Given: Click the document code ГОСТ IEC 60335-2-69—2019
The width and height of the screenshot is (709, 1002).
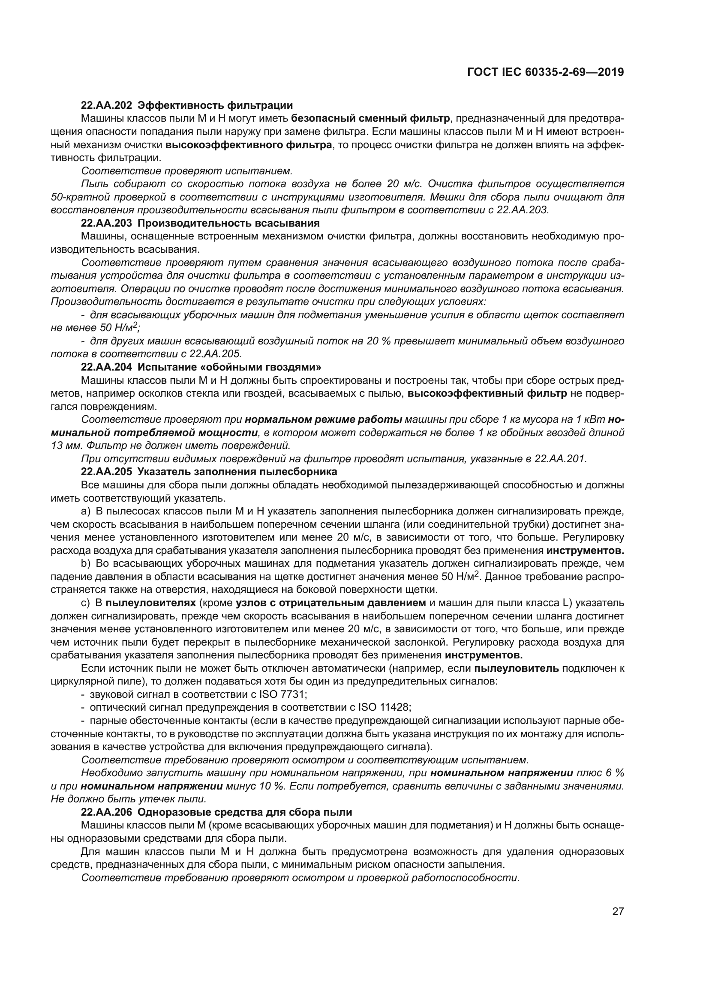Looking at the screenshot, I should pyautogui.click(x=545, y=72).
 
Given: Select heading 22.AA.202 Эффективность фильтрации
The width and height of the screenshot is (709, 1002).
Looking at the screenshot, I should pyautogui.click(x=187, y=105).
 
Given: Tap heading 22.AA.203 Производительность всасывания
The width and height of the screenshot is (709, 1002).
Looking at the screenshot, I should pyautogui.click(x=200, y=223).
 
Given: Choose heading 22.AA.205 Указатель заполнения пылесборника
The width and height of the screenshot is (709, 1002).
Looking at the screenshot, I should pyautogui.click(x=209, y=471).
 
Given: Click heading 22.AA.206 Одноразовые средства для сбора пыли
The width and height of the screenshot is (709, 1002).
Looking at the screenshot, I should pyautogui.click(x=216, y=812).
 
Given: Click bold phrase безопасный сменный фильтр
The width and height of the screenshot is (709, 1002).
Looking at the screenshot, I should pyautogui.click(x=370, y=118).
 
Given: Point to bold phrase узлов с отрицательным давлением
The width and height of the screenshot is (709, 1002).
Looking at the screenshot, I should pyautogui.click(x=330, y=603).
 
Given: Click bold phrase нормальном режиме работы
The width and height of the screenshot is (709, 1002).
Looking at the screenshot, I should pyautogui.click(x=324, y=419).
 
